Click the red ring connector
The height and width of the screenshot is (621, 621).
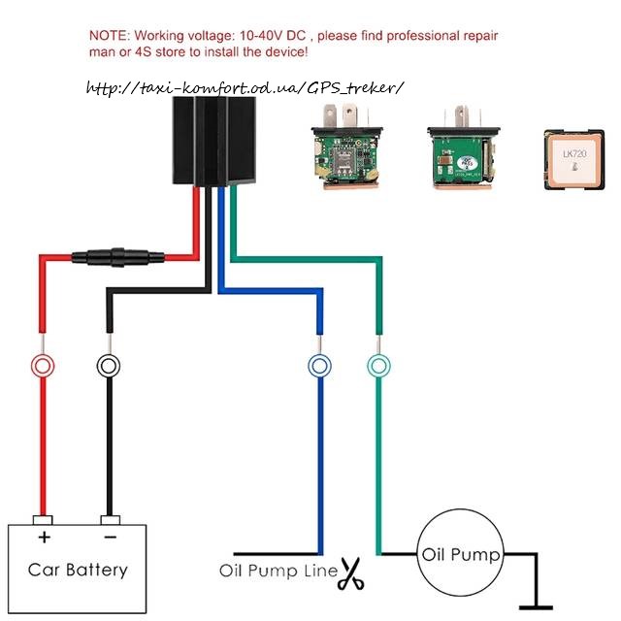[x=41, y=366]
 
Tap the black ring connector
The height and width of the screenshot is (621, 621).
[x=108, y=366]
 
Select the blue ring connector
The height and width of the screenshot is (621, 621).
[x=320, y=366]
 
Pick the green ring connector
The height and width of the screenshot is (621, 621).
[x=379, y=366]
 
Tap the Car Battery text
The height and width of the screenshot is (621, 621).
[x=77, y=570]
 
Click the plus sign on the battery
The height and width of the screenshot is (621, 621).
[x=44, y=537]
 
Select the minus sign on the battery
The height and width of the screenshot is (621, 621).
[x=110, y=537]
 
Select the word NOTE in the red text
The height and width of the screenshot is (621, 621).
[x=108, y=35]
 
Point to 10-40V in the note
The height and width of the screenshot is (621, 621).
[x=270, y=35]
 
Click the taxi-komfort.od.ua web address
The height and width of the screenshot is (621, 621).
[x=244, y=88]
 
